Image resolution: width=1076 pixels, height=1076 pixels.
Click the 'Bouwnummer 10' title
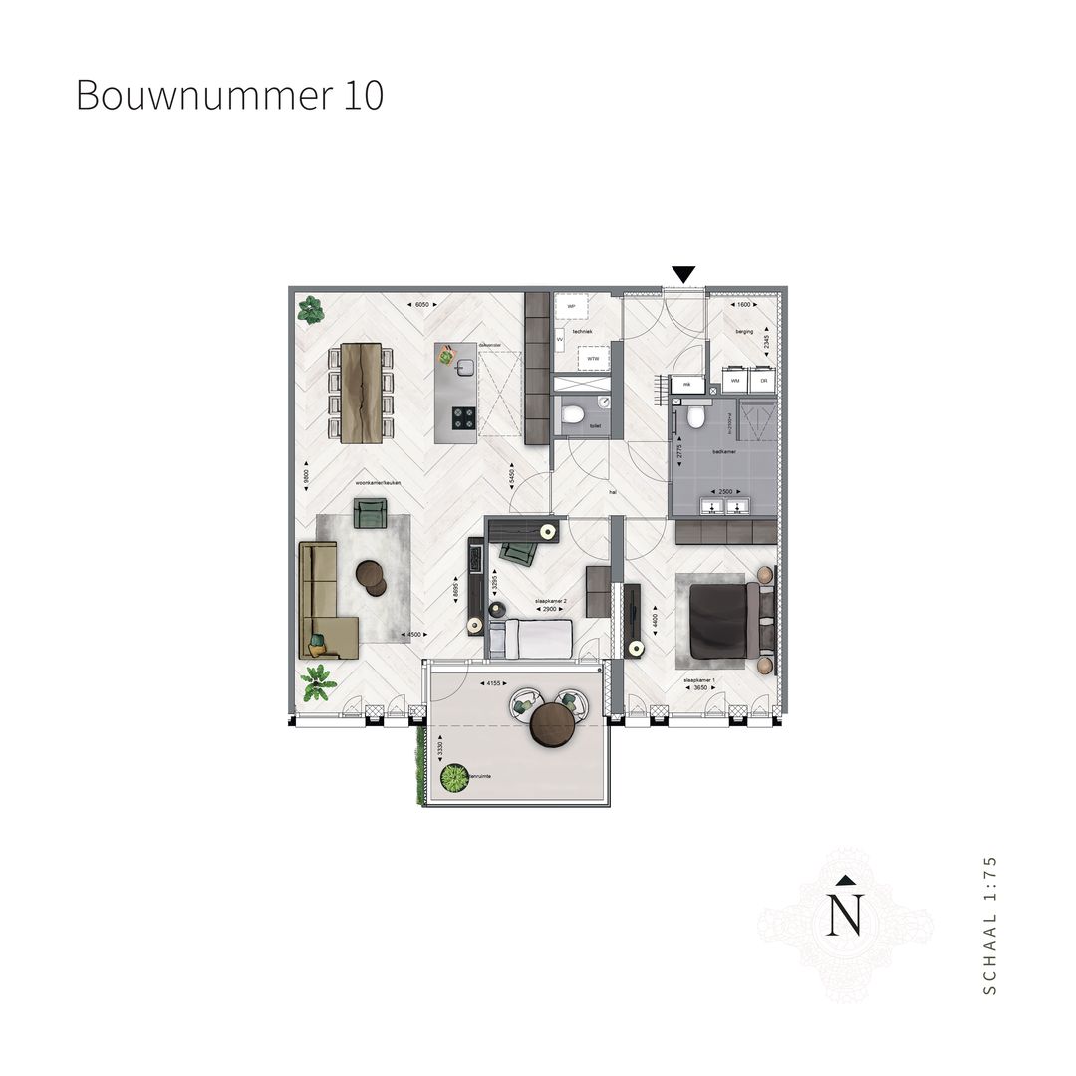[229, 96]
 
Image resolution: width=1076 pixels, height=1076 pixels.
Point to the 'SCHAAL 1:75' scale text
[989, 924]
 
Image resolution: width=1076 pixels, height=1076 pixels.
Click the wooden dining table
[361, 393]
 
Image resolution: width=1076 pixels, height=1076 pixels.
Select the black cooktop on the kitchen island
[464, 418]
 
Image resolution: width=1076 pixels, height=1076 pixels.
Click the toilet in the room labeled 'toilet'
[573, 414]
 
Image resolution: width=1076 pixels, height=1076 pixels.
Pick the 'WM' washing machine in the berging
[735, 380]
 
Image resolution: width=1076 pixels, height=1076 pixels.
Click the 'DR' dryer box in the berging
[764, 380]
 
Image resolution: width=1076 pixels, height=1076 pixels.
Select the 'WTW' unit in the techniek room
[593, 358]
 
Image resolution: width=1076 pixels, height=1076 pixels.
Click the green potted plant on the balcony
[455, 779]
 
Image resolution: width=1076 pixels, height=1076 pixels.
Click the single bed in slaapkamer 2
[537, 638]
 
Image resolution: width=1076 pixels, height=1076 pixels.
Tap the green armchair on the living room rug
[371, 512]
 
